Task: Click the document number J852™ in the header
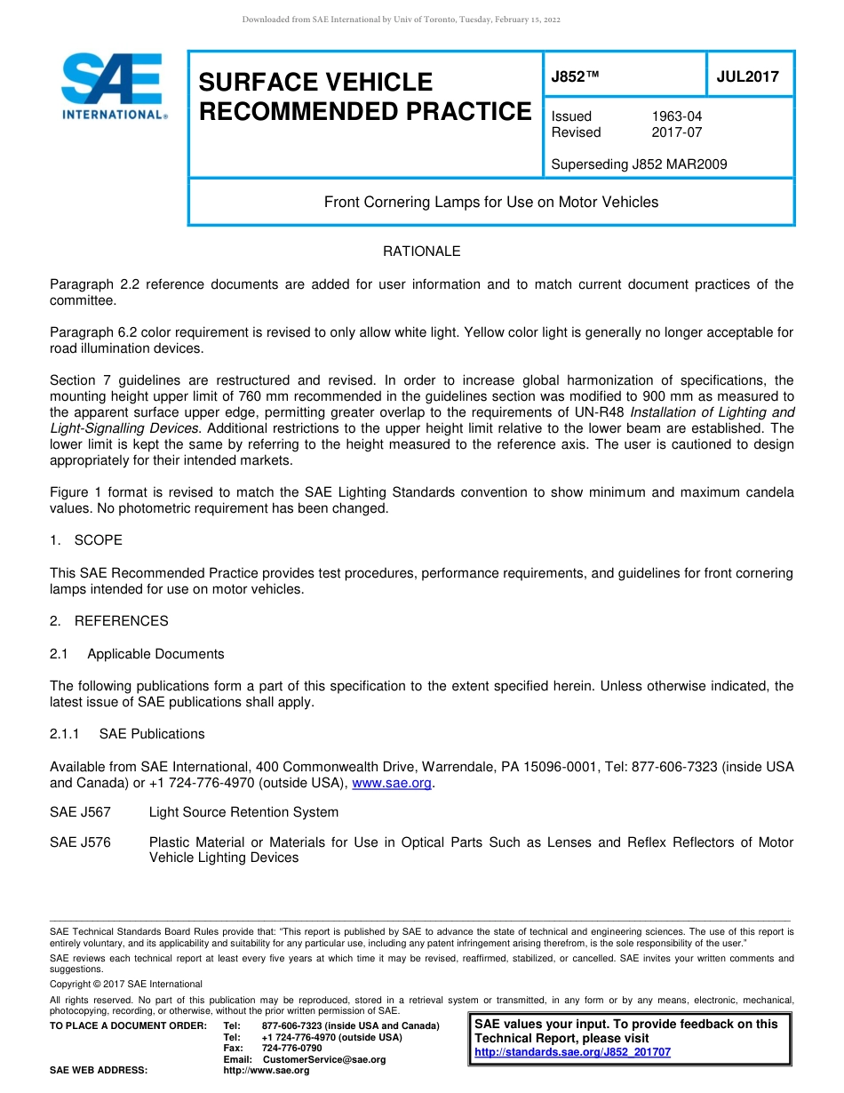(576, 76)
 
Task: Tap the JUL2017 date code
(747, 76)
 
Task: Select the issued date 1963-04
(676, 116)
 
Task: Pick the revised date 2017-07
(676, 132)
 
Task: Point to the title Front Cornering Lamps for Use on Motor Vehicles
(491, 203)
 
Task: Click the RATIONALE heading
(421, 251)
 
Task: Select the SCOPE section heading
(98, 540)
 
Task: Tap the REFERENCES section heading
(121, 621)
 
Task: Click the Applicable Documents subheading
(155, 654)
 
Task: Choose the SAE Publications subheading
(152, 734)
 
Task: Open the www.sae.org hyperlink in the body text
(392, 783)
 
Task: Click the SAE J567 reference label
(80, 812)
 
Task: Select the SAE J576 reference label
(80, 842)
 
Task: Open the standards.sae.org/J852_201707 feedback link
(572, 1052)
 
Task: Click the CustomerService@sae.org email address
(324, 1059)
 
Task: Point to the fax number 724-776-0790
(291, 1049)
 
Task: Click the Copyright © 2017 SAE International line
(126, 984)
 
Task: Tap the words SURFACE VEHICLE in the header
(315, 83)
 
